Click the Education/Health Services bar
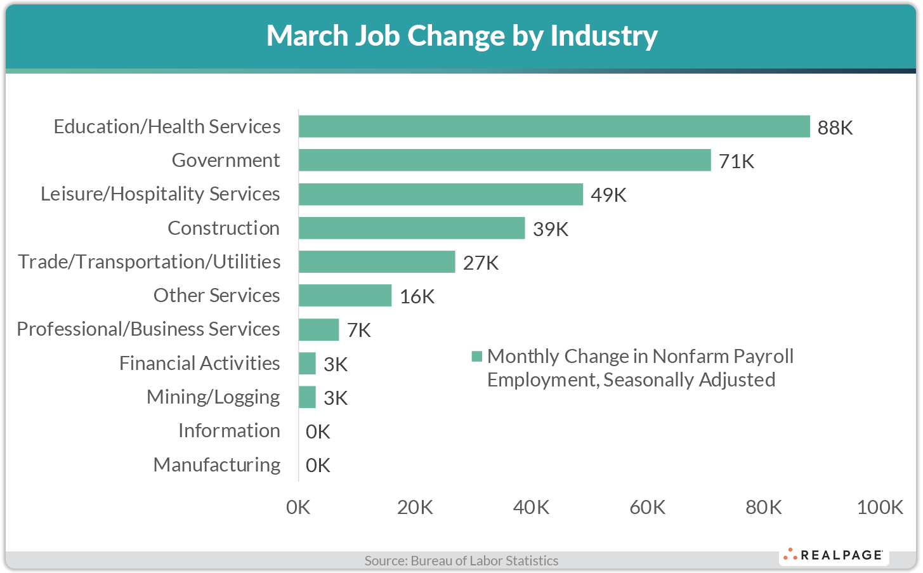[554, 126]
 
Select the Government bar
[504, 160]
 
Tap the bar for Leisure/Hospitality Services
[440, 194]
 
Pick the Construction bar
[412, 228]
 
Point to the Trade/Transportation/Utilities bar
[377, 261]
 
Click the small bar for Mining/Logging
[307, 397]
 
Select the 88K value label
[835, 128]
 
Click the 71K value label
[736, 161]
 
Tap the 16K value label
[417, 296]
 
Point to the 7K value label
[358, 330]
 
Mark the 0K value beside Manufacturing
[318, 465]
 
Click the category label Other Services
[216, 295]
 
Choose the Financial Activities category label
[199, 363]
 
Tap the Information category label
[229, 430]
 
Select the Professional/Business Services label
[148, 329]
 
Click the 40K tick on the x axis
[531, 507]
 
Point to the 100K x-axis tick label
[879, 507]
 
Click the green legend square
[477, 357]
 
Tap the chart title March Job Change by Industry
[461, 36]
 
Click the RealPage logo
[834, 555]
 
